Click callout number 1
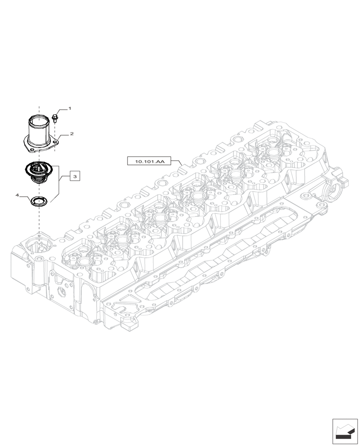69,108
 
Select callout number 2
71,133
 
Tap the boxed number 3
75,177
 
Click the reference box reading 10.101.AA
146,161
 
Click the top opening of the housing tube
39,119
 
